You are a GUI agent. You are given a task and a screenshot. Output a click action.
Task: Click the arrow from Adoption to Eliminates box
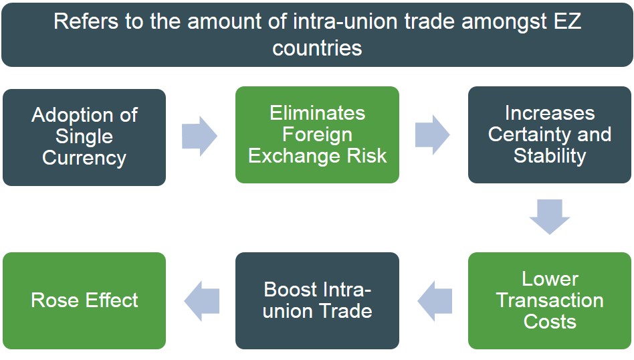point(199,136)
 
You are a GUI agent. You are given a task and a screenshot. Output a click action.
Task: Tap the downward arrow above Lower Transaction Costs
point(550,216)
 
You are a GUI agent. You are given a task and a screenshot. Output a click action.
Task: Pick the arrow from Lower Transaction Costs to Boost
point(435,300)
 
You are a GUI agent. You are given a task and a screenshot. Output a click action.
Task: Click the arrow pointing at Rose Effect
point(201,300)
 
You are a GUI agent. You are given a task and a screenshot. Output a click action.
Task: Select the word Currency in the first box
point(84,158)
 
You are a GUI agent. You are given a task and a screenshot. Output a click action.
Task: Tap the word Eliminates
point(317,113)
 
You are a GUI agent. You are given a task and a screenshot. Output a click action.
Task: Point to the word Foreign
point(317,134)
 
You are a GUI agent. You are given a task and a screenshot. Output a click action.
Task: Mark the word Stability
point(550,156)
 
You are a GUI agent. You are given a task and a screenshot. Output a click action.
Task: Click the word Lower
point(550,278)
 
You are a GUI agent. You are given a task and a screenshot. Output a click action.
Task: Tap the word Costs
point(550,321)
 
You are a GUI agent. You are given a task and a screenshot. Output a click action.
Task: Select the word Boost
point(291,290)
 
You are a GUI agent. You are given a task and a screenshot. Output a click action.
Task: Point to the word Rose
point(54,300)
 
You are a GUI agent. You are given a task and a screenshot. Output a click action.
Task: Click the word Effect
point(108,300)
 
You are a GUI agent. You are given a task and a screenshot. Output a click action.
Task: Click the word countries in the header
point(317,48)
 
